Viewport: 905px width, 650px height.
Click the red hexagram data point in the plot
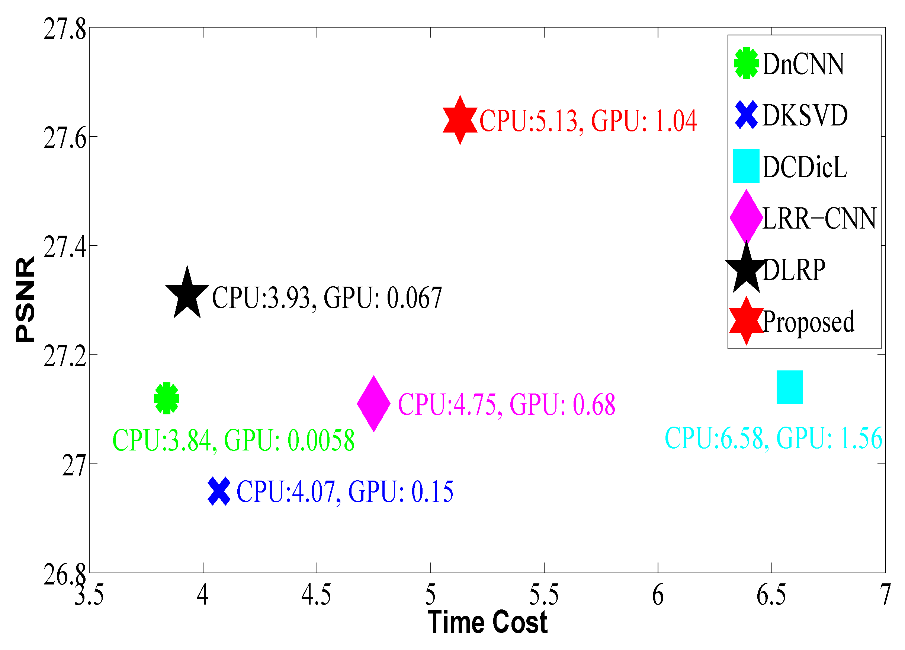tap(460, 120)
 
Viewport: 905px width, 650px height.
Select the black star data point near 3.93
tap(187, 294)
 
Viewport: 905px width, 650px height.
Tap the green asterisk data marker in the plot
tap(166, 398)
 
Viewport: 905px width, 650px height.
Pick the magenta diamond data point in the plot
tap(373, 404)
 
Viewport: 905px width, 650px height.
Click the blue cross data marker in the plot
tap(219, 491)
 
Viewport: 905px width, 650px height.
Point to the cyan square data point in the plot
tap(790, 387)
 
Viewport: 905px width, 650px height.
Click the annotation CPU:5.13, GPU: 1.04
tap(588, 121)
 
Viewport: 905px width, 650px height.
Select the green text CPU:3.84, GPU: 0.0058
tap(234, 440)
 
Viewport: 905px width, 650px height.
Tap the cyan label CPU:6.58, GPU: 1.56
tap(773, 438)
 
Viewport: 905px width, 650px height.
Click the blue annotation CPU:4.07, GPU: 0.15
tap(345, 491)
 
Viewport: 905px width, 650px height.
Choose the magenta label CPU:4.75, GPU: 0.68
tap(506, 404)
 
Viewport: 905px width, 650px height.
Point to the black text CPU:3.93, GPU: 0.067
tap(327, 298)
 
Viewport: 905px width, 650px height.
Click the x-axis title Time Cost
tap(487, 622)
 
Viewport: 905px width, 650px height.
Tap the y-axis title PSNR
tap(25, 299)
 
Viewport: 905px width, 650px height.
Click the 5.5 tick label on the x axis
tap(544, 595)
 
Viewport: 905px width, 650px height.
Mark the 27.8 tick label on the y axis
tap(65, 29)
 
